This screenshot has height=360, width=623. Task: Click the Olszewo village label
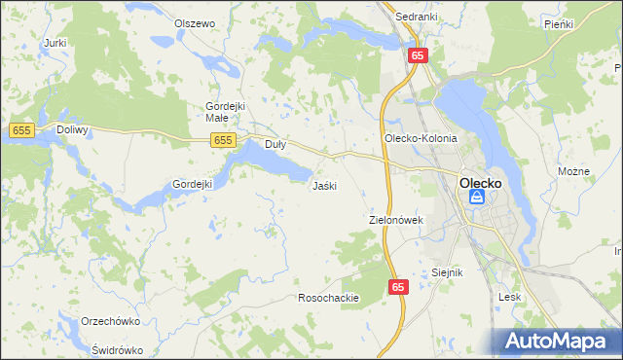point(194,22)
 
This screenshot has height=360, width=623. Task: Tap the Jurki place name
point(55,43)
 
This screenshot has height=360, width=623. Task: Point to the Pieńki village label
point(559,22)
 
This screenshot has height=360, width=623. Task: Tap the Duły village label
point(275,145)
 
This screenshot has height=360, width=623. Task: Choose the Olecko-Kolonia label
point(420,138)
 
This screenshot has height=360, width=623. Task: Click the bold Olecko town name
point(480,181)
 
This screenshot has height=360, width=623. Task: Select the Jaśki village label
point(324,185)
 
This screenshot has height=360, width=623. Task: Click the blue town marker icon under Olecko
point(476,198)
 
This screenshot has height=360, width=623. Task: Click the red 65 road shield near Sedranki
point(417,55)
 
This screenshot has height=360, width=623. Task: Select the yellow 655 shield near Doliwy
point(21,129)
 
